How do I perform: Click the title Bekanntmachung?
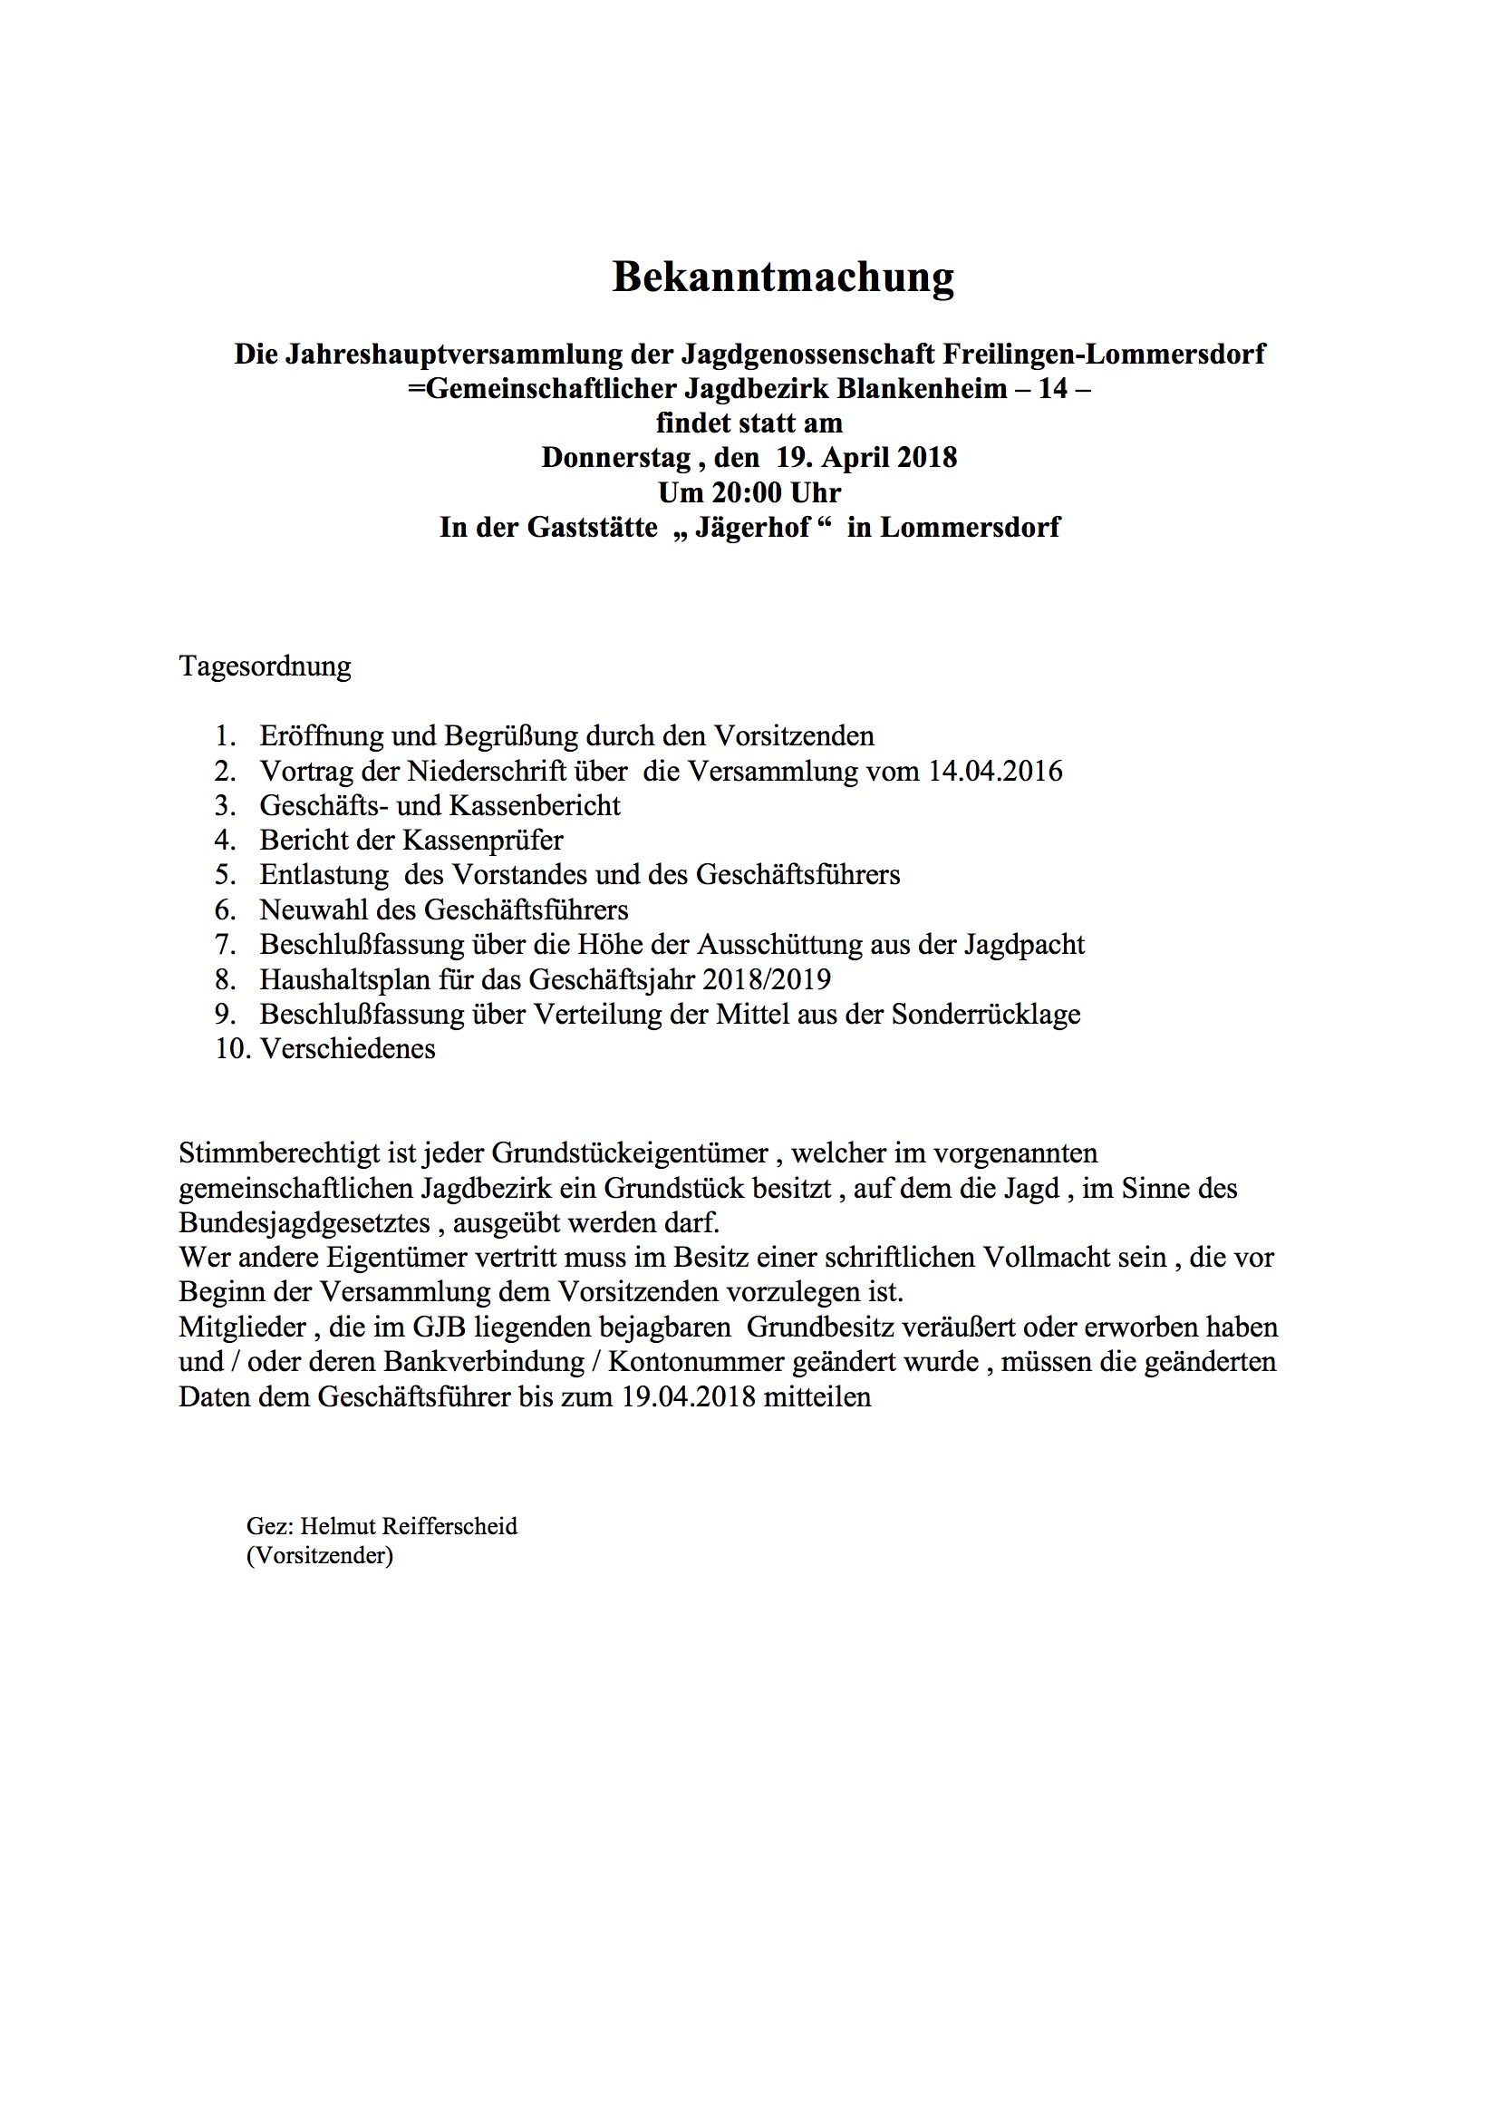tap(783, 277)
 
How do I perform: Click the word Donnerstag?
tap(615, 458)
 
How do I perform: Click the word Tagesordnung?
tap(265, 666)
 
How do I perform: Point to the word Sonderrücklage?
tap(986, 1015)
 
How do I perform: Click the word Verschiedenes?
tap(347, 1049)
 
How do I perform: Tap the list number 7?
tap(226, 945)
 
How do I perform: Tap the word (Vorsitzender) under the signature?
tap(319, 1556)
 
